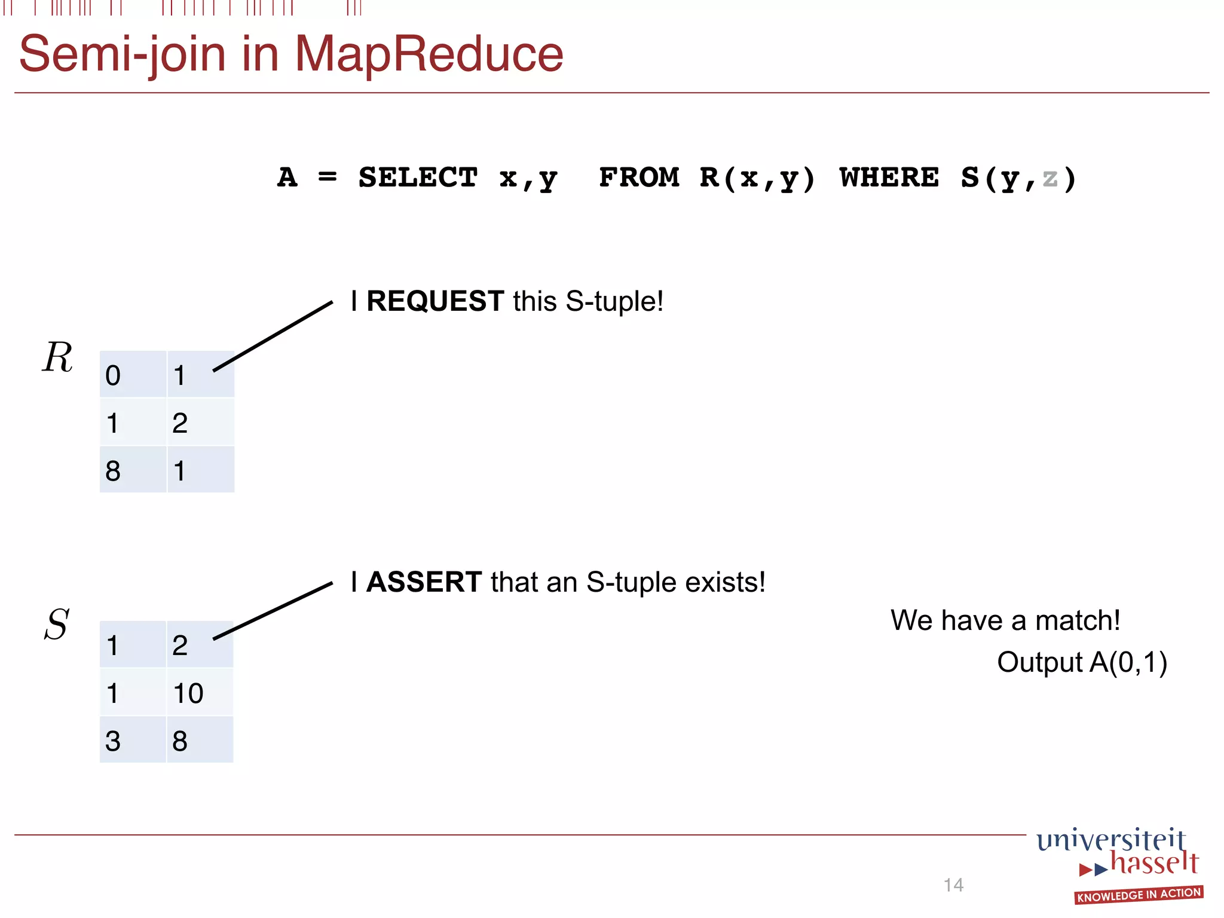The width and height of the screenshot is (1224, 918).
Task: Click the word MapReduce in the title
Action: (429, 54)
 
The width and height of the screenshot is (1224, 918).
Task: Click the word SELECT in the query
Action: (418, 178)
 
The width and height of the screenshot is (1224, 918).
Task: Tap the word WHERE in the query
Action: (889, 178)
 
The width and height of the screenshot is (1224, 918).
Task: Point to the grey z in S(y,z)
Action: (1049, 178)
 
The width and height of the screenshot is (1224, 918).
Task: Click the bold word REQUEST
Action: (435, 301)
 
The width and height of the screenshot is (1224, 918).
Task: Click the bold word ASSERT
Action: (424, 582)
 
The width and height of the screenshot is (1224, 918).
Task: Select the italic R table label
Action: (57, 357)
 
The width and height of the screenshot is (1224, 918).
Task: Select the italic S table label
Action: (57, 625)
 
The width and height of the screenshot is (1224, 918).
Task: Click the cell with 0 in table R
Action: (133, 375)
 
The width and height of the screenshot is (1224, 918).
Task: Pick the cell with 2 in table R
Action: (200, 423)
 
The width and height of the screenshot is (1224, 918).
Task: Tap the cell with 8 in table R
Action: (133, 470)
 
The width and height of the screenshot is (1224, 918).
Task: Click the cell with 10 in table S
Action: (199, 693)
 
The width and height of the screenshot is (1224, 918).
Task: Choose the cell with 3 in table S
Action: (133, 740)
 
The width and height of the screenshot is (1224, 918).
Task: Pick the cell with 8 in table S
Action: (199, 740)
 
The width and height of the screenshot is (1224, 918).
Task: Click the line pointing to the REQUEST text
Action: (273, 336)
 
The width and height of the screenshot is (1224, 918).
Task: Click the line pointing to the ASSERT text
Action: (273, 611)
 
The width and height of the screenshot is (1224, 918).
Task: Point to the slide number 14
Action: (953, 885)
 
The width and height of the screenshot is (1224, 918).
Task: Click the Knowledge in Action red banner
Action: (1138, 895)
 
